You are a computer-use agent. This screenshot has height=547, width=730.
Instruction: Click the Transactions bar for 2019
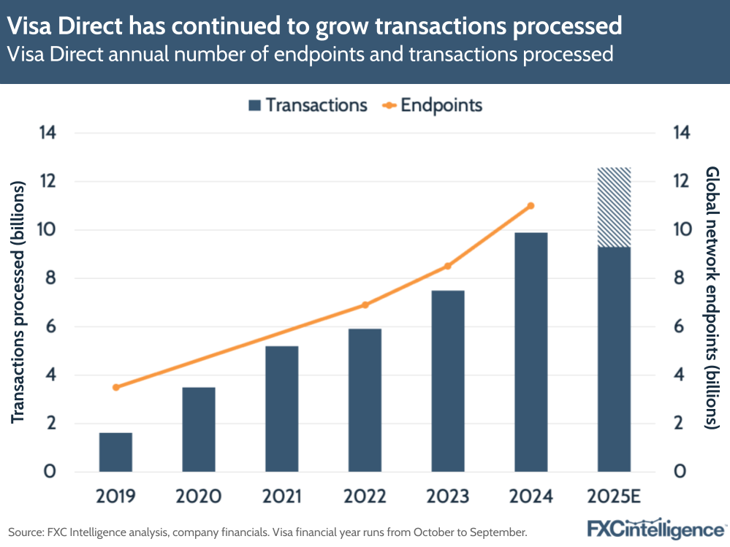click(x=115, y=452)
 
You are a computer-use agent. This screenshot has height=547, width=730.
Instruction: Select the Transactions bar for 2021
click(x=282, y=409)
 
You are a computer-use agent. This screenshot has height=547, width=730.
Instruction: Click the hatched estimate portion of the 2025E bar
click(x=614, y=207)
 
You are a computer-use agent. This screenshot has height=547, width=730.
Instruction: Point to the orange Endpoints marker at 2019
click(x=115, y=387)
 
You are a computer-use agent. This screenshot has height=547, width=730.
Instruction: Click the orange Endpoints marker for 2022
click(x=365, y=305)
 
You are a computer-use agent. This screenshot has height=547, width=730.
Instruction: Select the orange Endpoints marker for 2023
click(x=448, y=266)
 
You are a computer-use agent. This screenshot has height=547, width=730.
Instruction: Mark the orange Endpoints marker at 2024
click(x=531, y=206)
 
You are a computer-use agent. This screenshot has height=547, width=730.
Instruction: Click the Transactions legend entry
click(x=307, y=105)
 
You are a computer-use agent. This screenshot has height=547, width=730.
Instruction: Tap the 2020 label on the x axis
click(x=199, y=497)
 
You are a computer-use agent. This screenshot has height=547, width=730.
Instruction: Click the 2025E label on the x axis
click(x=614, y=497)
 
